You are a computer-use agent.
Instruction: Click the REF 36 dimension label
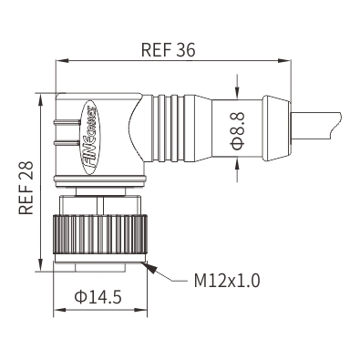pyautogui.click(x=168, y=50)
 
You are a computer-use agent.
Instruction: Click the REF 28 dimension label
pyautogui.click(x=26, y=188)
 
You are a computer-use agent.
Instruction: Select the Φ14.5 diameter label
pyautogui.click(x=98, y=297)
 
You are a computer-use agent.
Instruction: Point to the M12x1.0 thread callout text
pyautogui.click(x=227, y=281)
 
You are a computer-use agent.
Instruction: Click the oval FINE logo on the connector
pyautogui.click(x=89, y=138)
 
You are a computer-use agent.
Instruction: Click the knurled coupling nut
pyautogui.click(x=100, y=234)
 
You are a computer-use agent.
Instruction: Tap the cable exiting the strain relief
pyautogui.click(x=315, y=126)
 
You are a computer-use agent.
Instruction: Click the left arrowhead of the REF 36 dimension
pyautogui.click(x=60, y=61)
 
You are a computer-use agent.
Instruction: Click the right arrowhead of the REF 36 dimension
pyautogui.click(x=285, y=61)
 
